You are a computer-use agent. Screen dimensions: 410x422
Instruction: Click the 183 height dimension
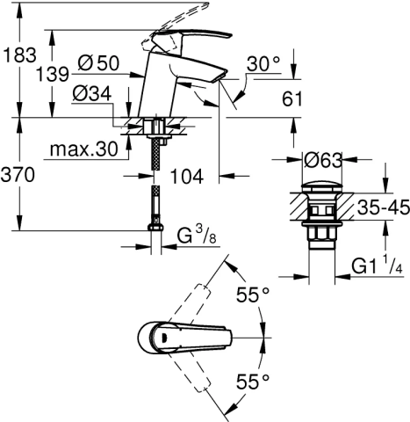tap(20, 55)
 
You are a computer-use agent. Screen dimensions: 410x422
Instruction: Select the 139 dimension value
tap(53, 74)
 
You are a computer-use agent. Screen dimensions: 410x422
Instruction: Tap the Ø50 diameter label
tap(98, 62)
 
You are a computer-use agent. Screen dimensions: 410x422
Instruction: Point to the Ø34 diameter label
tap(92, 94)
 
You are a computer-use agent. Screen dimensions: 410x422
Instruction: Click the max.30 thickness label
tap(83, 149)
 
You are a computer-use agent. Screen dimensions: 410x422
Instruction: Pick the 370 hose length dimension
tap(18, 175)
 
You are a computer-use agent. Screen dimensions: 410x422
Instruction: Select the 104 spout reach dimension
tap(187, 177)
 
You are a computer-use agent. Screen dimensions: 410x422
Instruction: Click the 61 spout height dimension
tap(291, 99)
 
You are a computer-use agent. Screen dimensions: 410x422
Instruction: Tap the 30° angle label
tap(263, 63)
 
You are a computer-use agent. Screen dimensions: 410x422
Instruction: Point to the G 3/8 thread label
tap(197, 236)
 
